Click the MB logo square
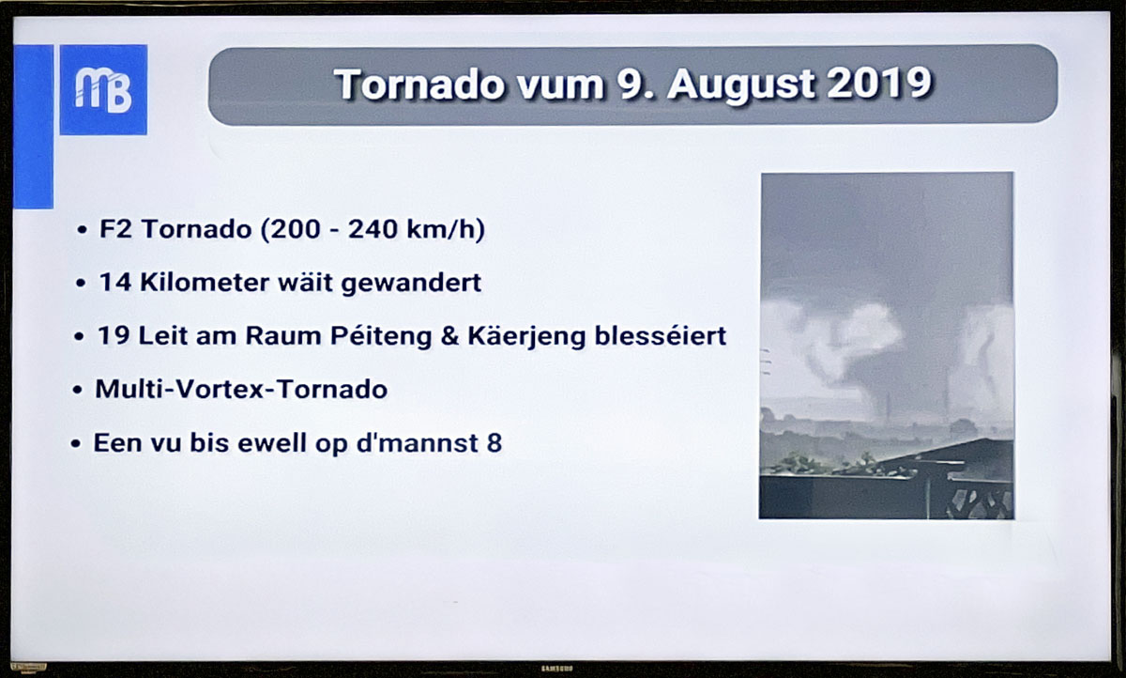103,90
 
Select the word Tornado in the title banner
419,85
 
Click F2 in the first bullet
115,229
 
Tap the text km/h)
446,230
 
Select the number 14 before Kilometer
114,283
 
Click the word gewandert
411,285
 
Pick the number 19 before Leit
114,336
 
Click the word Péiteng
381,337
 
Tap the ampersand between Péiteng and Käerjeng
449,336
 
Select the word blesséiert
661,335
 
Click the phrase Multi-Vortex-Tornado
241,390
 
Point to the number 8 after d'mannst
495,443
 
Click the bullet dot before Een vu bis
76,444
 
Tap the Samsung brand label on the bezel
557,669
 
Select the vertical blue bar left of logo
33,127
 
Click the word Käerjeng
526,337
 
